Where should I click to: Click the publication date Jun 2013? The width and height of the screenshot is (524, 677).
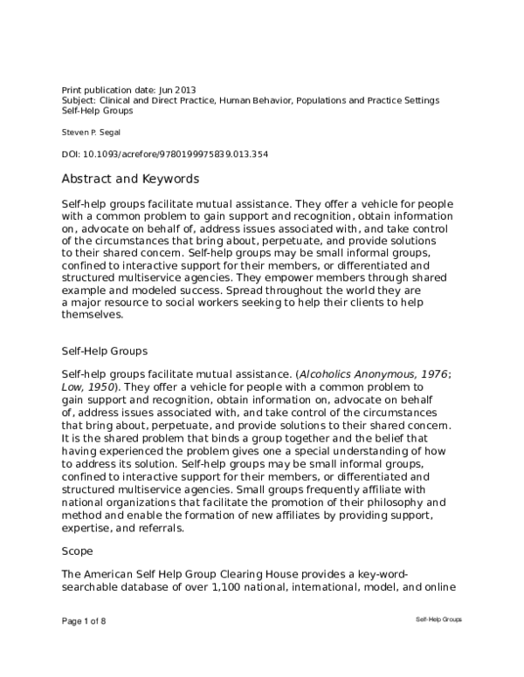(x=177, y=90)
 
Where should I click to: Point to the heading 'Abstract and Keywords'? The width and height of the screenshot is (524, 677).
(x=130, y=180)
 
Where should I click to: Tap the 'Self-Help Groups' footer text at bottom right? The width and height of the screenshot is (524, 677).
(x=438, y=618)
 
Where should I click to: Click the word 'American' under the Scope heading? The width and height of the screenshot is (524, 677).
(x=111, y=574)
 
